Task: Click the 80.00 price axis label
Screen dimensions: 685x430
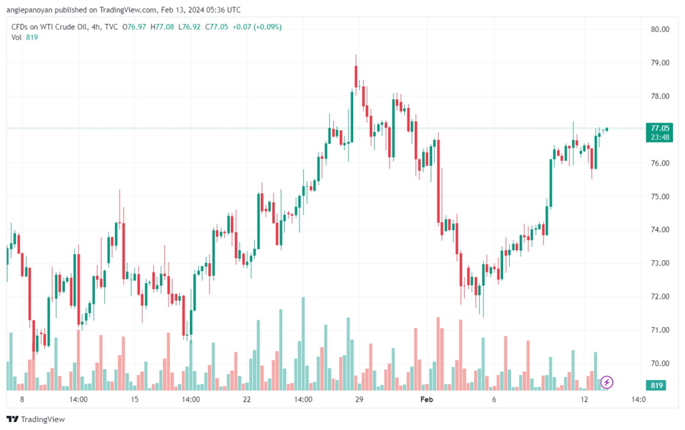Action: pos(660,29)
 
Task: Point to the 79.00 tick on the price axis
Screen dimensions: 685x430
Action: pos(660,63)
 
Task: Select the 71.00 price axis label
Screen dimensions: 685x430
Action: pos(660,330)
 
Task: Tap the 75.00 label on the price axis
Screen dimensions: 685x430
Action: pos(660,197)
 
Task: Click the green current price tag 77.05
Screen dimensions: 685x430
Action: pos(660,128)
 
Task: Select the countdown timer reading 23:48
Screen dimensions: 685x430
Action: pos(660,137)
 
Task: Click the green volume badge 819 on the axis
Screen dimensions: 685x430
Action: pos(657,385)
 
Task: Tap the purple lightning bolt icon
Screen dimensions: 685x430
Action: pos(606,383)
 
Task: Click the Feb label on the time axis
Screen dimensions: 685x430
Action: pos(426,399)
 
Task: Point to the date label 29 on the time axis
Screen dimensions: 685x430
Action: pos(359,399)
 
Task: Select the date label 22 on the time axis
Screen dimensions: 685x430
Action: pos(247,399)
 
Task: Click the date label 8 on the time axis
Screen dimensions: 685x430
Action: pos(22,399)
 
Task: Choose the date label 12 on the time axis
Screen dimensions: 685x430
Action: pos(584,399)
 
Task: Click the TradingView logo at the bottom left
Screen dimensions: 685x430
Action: pos(36,419)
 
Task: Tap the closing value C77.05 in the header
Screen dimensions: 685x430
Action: pos(217,27)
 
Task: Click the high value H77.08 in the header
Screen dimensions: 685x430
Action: pos(162,27)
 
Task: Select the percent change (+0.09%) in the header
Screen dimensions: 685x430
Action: pos(268,27)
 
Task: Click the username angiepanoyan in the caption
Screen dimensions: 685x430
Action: pos(29,9)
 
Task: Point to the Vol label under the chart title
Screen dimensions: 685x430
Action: pos(16,37)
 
